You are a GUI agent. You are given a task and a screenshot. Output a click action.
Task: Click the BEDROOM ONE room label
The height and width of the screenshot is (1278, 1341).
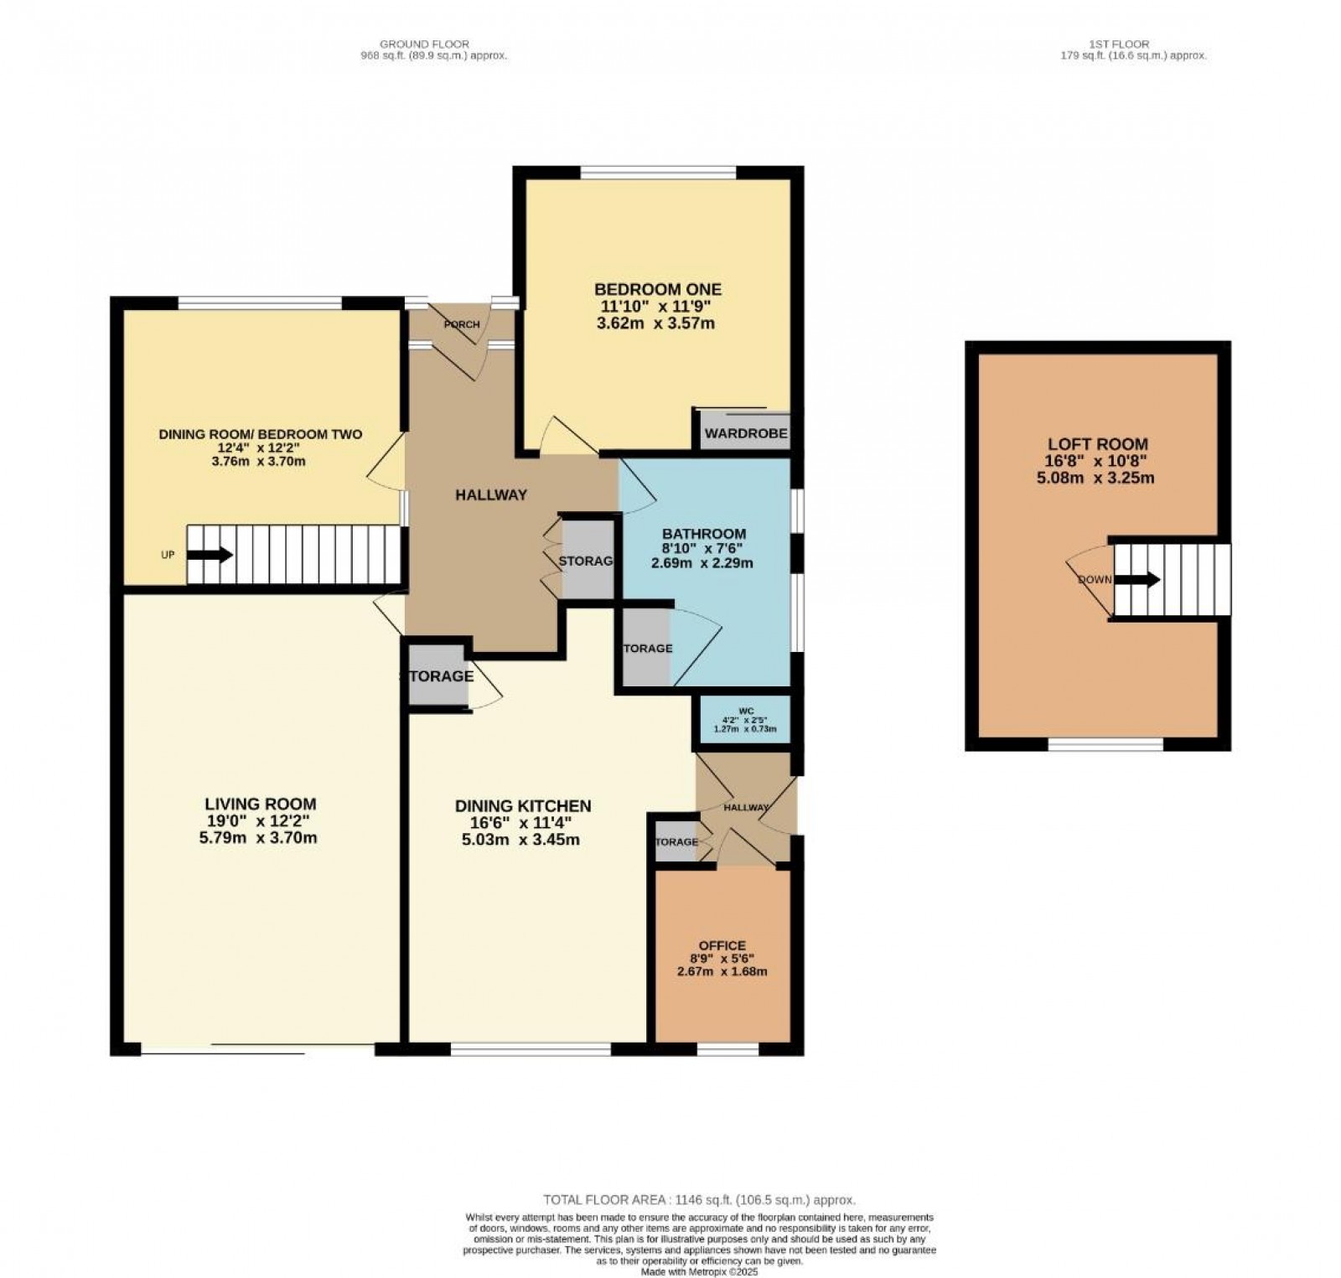657,289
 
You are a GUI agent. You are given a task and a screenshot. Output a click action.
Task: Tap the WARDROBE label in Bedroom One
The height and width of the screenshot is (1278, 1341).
745,433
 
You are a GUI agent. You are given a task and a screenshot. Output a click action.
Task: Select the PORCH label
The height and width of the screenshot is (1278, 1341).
462,325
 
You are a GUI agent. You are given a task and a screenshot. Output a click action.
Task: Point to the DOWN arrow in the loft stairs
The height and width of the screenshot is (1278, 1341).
1143,579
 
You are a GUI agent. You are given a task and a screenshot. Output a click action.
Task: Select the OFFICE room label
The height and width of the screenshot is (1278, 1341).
722,945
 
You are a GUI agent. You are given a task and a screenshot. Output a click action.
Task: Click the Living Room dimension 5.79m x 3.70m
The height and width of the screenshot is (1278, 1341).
262,837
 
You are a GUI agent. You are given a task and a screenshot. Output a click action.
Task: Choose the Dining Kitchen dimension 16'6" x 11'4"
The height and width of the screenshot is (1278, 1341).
523,823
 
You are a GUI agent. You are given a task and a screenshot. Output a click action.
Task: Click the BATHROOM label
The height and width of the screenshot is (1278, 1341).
703,534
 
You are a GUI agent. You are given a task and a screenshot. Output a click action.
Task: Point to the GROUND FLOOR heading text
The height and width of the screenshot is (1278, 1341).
424,44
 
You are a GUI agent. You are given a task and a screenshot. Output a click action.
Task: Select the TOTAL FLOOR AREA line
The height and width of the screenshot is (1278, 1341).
699,1200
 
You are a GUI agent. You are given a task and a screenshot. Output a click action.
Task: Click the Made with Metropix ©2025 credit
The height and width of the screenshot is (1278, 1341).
699,1271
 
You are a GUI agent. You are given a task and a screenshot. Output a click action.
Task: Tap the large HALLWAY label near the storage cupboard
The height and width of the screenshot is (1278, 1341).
491,495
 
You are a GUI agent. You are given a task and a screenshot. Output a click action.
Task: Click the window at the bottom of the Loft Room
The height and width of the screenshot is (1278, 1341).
1105,743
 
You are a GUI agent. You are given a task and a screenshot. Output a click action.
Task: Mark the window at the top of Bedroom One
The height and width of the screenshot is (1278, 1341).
658,173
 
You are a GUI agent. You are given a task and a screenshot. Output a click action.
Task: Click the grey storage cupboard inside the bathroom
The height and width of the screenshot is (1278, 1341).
646,648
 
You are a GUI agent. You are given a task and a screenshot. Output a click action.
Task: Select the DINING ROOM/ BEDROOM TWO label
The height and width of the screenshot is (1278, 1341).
261,434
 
